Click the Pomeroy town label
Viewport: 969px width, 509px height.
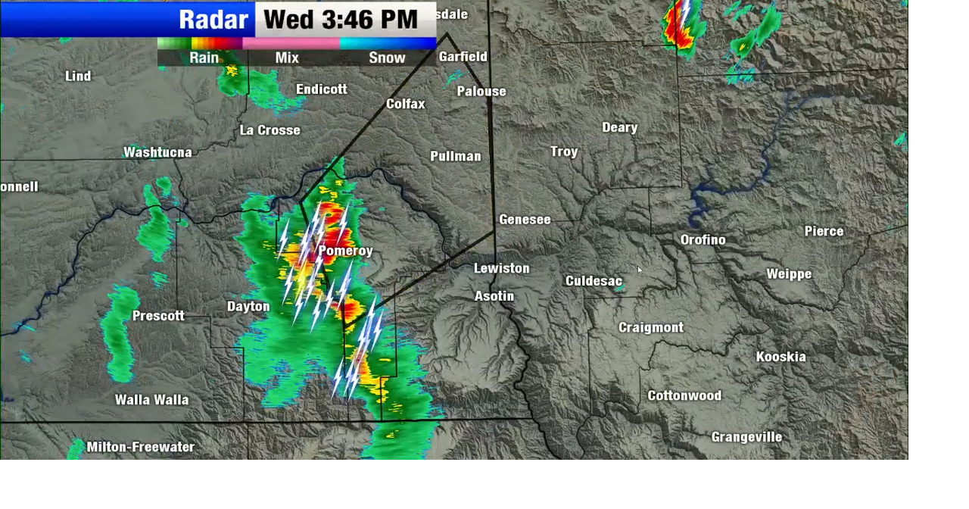345,251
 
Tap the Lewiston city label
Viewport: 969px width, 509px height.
501,268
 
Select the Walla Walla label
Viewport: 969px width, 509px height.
151,400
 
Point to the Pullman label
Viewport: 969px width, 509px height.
455,156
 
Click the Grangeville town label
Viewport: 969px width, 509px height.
746,437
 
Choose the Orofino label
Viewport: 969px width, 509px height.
703,239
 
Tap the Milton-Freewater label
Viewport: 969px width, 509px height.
140,447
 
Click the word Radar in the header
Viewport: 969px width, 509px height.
213,20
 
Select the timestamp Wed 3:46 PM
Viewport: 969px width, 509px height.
341,20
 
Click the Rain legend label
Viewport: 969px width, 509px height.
204,58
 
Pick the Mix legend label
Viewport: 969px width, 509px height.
287,58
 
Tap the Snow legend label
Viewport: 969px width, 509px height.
387,58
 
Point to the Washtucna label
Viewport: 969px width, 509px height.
157,152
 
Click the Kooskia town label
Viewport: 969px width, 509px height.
780,357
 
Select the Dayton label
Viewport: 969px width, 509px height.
248,307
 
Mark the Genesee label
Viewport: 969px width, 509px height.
525,220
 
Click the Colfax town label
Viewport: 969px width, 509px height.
405,104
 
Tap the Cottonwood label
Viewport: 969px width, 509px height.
684,395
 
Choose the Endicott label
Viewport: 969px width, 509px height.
321,89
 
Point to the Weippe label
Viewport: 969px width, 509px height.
789,274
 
